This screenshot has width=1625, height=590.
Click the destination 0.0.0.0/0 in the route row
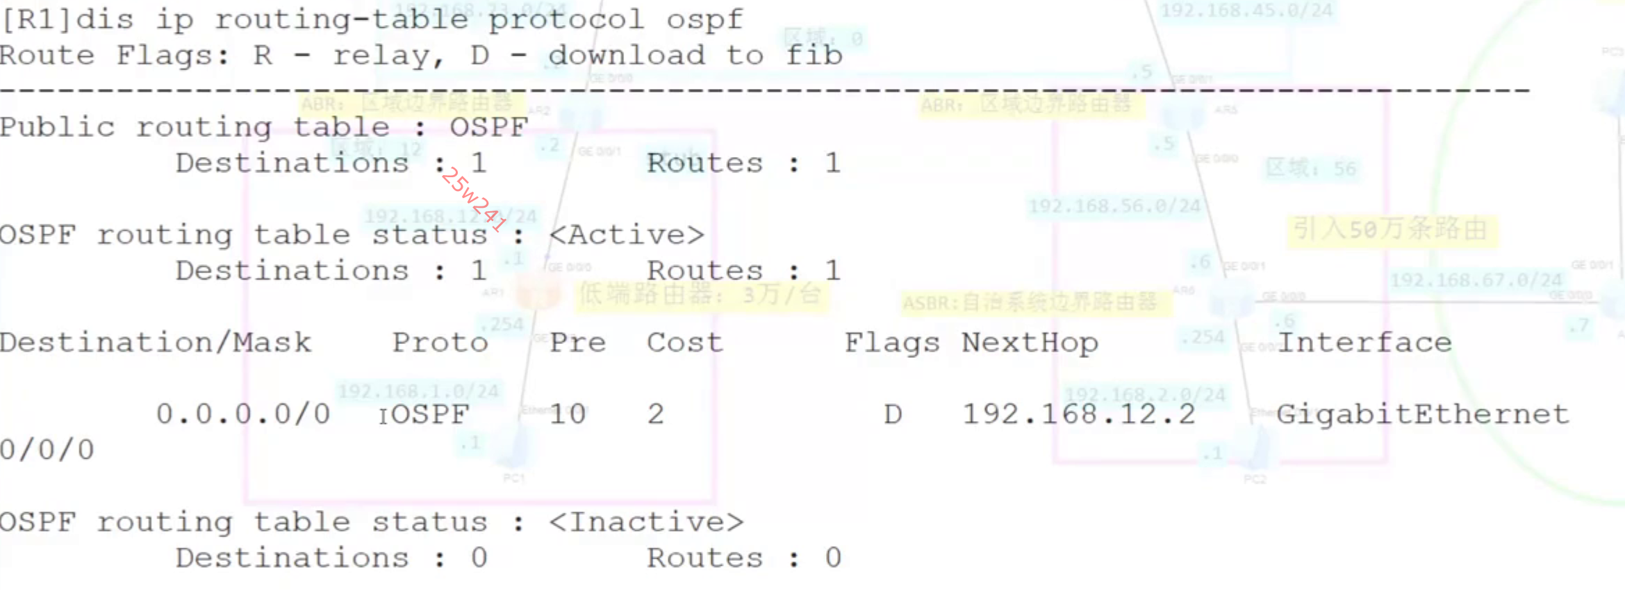pyautogui.click(x=243, y=414)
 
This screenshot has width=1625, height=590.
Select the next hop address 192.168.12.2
pyautogui.click(x=1078, y=414)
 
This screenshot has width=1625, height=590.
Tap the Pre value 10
pyautogui.click(x=568, y=414)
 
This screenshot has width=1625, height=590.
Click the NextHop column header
pyautogui.click(x=1030, y=343)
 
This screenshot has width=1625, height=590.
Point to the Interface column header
pyautogui.click(x=1364, y=343)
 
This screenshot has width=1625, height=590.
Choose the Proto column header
pyautogui.click(x=440, y=343)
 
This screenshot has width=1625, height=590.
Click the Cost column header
pyautogui.click(x=684, y=343)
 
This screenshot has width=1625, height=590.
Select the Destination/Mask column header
pyautogui.click(x=156, y=343)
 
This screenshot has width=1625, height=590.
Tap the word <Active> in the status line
pyautogui.click(x=627, y=235)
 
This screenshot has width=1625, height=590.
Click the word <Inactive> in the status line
pyautogui.click(x=646, y=522)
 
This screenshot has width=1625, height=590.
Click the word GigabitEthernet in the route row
pyautogui.click(x=1423, y=414)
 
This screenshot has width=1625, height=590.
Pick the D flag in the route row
pyautogui.click(x=893, y=414)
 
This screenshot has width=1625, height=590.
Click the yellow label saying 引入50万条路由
pyautogui.click(x=1389, y=229)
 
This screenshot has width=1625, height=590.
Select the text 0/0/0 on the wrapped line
pyautogui.click(x=47, y=450)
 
